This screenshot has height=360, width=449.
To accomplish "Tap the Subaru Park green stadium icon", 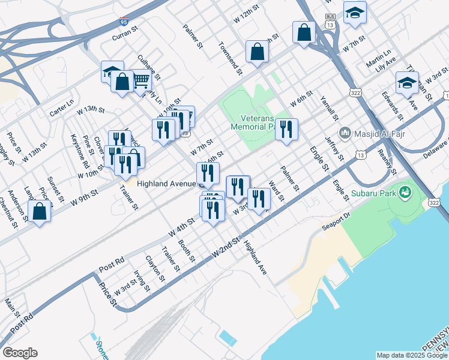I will click(406, 193).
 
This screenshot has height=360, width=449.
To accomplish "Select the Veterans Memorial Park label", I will click(257, 122).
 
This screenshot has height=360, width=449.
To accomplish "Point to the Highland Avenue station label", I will click(165, 184).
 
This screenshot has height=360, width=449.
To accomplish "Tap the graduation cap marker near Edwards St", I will click(407, 82).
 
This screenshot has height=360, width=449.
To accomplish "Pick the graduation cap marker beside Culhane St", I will click(112, 72).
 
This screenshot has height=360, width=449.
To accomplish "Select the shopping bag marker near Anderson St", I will click(40, 211).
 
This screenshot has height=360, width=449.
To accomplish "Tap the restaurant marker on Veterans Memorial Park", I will click(286, 129).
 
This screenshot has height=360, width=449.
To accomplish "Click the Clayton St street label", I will click(155, 269).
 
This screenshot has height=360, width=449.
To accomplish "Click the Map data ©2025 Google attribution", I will click(411, 355).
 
